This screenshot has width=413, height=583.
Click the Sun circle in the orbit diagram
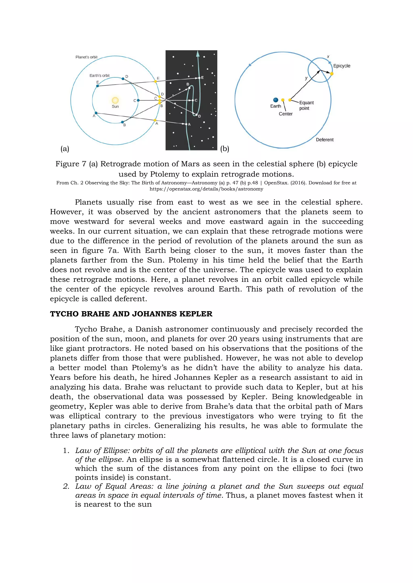[x=115, y=100]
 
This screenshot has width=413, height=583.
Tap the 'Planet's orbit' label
[x=87, y=57]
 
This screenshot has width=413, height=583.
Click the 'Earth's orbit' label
[x=99, y=75]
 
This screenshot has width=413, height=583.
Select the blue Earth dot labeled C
[x=138, y=100]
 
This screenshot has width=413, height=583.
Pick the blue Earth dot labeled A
[x=96, y=113]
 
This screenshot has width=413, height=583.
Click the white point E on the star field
[x=199, y=78]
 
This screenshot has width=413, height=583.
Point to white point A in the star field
[x=186, y=124]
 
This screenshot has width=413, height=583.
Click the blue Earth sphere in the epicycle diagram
[x=275, y=100]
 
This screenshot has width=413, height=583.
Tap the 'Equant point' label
[x=306, y=105]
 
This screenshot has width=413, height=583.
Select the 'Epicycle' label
[x=342, y=66]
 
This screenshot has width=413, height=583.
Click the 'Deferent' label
[x=324, y=140]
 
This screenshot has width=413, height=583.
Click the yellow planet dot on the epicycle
[x=332, y=74]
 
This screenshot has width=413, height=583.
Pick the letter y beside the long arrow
[x=306, y=78]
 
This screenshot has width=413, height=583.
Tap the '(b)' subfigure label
[x=225, y=149]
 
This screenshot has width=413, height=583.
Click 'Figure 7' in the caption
[x=71, y=164]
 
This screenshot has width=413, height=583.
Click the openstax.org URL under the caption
[x=206, y=189]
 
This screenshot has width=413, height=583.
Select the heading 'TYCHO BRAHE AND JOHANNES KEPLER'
[x=131, y=314]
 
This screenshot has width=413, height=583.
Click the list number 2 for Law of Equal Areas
[x=66, y=487]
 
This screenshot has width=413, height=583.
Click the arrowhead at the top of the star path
[x=198, y=53]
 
